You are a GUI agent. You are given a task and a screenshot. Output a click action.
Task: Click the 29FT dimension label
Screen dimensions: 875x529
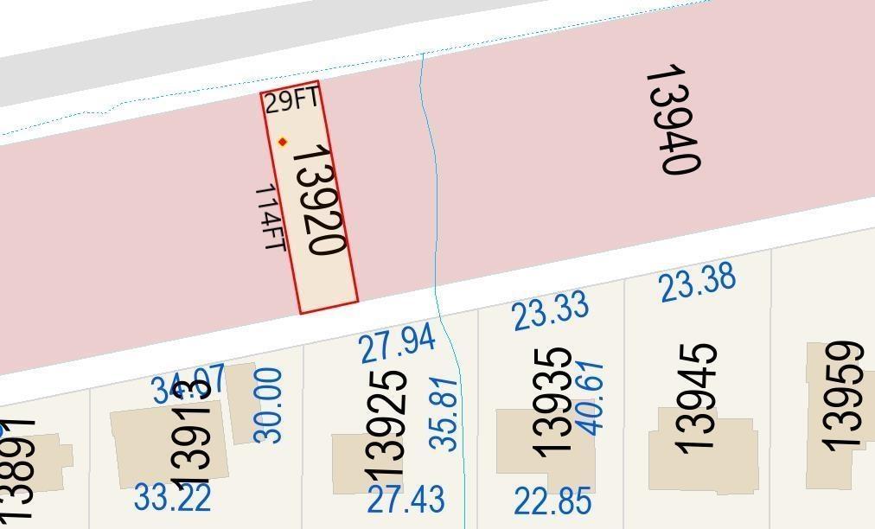click(x=291, y=100)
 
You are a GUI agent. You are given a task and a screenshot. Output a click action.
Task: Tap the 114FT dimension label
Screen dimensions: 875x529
click(x=271, y=218)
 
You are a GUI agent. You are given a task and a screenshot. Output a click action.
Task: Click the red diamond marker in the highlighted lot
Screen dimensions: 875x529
click(x=282, y=142)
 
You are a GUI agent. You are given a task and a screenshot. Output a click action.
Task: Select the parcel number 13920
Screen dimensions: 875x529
click(x=320, y=199)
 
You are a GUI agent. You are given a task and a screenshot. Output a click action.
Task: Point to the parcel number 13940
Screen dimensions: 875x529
click(x=673, y=120)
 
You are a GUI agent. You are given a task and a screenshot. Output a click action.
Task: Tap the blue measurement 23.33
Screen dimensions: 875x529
click(x=551, y=311)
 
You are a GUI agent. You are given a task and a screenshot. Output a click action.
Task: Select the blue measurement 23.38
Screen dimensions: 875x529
click(x=698, y=283)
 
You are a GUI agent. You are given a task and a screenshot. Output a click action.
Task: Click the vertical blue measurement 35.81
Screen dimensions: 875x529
click(x=444, y=413)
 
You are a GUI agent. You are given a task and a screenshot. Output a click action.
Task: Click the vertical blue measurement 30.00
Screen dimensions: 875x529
click(x=269, y=405)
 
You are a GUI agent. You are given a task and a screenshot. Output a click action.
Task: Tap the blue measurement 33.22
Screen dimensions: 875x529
click(x=173, y=497)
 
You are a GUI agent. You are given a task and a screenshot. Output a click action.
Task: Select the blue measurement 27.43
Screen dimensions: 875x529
click(x=406, y=499)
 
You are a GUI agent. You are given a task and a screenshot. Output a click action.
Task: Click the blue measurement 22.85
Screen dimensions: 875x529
click(x=552, y=500)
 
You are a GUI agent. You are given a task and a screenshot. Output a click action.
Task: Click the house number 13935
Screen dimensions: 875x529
click(x=552, y=402)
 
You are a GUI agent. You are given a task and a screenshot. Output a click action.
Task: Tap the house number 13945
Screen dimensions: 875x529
click(x=696, y=398)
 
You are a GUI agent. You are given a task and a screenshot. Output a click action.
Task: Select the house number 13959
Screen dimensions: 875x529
click(x=842, y=396)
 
